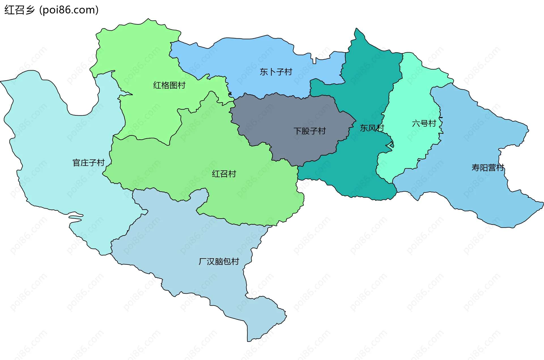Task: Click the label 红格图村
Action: coord(169,85)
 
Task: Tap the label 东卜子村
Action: coord(276,72)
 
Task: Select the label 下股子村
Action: coord(309,131)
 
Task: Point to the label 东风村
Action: coord(372,128)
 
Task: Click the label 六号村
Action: coord(424,124)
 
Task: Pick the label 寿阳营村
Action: coord(488,168)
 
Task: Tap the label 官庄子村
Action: coord(89,163)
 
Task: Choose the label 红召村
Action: coord(224,174)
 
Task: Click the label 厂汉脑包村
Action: coord(219,261)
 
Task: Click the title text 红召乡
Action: coord(19,10)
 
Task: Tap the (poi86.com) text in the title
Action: coord(69,10)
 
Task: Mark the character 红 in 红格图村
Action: coord(157,85)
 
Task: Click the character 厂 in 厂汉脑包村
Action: coord(203,261)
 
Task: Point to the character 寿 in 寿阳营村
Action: coord(475,168)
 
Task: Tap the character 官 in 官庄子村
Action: coord(77,163)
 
